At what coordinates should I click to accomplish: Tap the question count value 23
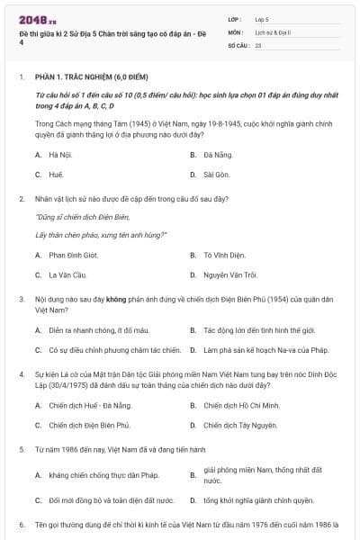[258, 45]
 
